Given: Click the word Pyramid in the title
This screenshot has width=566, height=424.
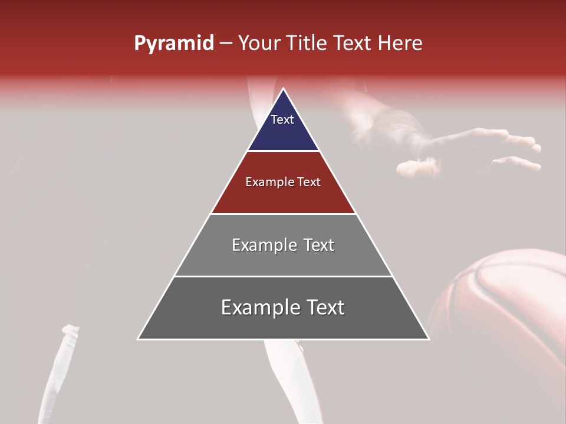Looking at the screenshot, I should pyautogui.click(x=174, y=44).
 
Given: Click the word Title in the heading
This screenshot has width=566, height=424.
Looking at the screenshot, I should pyautogui.click(x=306, y=44).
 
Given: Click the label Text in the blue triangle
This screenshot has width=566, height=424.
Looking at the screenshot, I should pyautogui.click(x=282, y=120).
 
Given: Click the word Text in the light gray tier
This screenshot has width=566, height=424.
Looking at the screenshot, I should pyautogui.click(x=319, y=245).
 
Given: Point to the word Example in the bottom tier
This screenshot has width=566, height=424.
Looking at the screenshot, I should pyautogui.click(x=259, y=307).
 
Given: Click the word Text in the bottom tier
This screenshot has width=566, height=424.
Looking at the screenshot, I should pyautogui.click(x=325, y=307).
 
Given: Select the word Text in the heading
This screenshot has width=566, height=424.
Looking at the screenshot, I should pyautogui.click(x=354, y=44).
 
